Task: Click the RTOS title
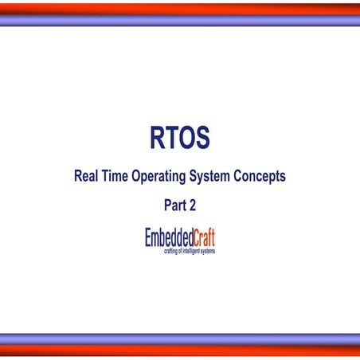[x=179, y=139]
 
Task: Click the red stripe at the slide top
[x=180, y=8]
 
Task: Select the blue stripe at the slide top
[x=180, y=22]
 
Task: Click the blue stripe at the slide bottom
[x=180, y=338]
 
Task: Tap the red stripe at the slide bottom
[x=180, y=351]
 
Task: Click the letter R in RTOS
[x=158, y=139]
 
